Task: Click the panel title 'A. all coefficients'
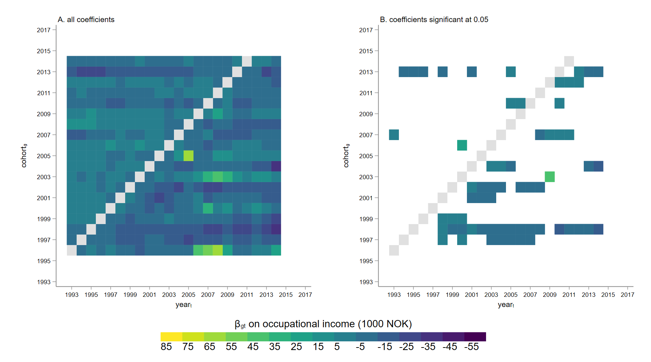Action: pyautogui.click(x=86, y=20)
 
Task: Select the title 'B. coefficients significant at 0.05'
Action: pyautogui.click(x=434, y=20)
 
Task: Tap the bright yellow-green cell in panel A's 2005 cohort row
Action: pyautogui.click(x=188, y=156)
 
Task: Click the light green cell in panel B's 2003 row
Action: pyautogui.click(x=550, y=177)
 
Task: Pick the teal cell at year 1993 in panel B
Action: pyautogui.click(x=394, y=135)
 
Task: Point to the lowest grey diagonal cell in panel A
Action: pyautogui.click(x=72, y=250)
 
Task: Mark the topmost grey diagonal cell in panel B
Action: pyautogui.click(x=569, y=61)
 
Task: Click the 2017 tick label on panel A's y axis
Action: pyautogui.click(x=44, y=30)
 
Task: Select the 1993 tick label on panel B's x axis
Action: pyautogui.click(x=394, y=295)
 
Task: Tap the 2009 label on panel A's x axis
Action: pyautogui.click(x=227, y=295)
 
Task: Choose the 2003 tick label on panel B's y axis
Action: pyautogui.click(x=366, y=177)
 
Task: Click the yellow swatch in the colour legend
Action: pyautogui.click(x=171, y=337)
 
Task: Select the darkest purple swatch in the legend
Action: pyautogui.click(x=475, y=337)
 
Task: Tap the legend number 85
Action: pyautogui.click(x=166, y=347)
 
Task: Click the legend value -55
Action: pyautogui.click(x=472, y=347)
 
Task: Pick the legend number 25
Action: pyautogui.click(x=296, y=347)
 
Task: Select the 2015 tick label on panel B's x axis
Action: pyautogui.click(x=608, y=295)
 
